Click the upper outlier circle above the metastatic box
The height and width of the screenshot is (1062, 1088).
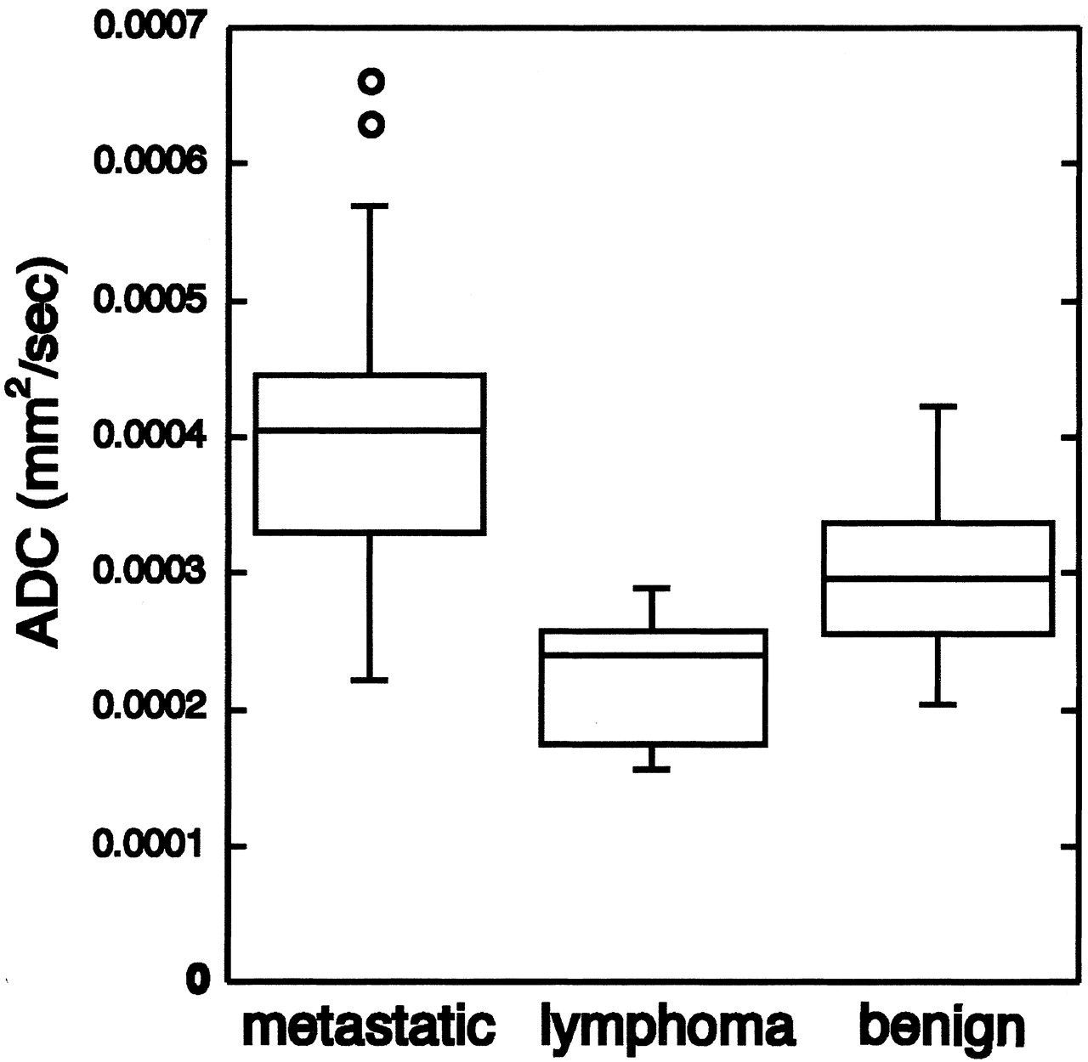tap(371, 82)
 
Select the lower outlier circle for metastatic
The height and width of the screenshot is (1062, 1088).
tap(371, 126)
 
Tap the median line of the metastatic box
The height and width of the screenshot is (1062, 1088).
tap(370, 431)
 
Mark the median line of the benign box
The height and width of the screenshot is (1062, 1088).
tap(938, 578)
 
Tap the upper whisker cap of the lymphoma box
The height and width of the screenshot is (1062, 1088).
tap(652, 587)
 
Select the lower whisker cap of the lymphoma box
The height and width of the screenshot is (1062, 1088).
tap(652, 770)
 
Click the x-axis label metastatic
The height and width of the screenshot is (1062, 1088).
tap(369, 1027)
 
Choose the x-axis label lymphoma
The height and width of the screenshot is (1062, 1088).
tap(667, 1029)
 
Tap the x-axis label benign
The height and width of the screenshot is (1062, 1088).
tap(942, 1029)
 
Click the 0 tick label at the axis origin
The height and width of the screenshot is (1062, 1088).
tap(199, 981)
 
